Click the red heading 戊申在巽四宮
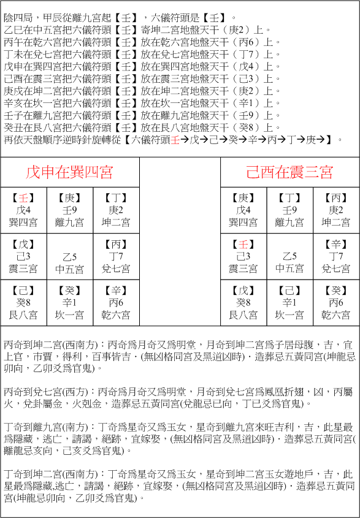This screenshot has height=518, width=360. pos(69,172)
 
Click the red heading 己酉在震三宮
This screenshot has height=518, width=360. pos(289,172)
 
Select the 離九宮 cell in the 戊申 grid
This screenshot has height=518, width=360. pos(69,210)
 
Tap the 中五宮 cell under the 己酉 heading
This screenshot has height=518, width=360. pos(289,257)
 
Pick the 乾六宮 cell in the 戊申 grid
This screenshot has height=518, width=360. pos(116,303)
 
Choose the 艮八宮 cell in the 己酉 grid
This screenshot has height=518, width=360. pos(243,303)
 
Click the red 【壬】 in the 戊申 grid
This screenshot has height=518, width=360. pos(23,198)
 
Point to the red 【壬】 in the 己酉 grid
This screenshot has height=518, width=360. pos(243,245)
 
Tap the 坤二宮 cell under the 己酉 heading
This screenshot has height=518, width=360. pos(336,210)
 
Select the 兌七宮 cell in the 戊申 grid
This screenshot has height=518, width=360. pos(116,257)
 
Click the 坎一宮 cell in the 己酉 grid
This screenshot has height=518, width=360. pos(289,303)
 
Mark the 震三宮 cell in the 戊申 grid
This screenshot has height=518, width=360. pos(23,257)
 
